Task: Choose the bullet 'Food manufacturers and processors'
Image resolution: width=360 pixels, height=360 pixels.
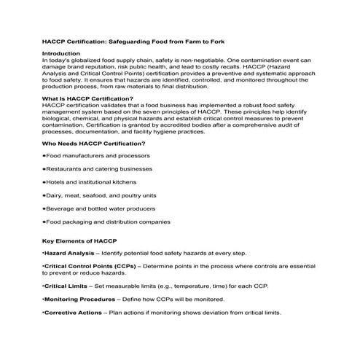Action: point(98,155)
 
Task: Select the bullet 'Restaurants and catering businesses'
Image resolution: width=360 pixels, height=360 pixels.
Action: point(100,168)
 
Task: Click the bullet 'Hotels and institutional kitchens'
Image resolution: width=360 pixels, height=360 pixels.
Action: point(91,181)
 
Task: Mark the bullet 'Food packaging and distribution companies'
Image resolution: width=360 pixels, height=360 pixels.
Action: point(108,222)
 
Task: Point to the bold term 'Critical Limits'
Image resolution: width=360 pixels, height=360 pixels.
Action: point(67,286)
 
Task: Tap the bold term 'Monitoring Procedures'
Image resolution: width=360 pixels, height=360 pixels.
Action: point(80,300)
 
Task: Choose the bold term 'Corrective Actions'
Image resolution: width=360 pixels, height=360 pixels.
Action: point(75,313)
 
